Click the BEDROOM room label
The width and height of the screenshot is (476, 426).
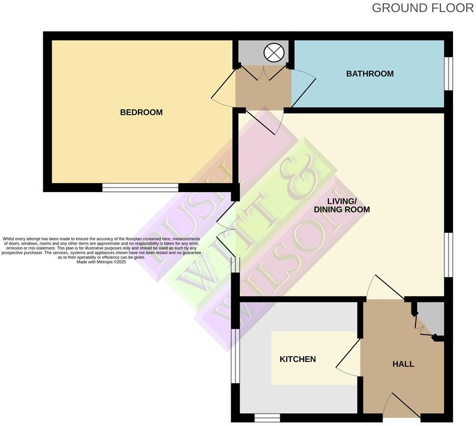[x=141, y=112]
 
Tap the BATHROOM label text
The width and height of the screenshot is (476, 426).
[x=370, y=74]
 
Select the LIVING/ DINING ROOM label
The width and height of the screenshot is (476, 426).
[x=342, y=205]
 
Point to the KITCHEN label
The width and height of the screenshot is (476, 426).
[x=297, y=359]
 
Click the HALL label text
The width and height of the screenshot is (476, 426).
[x=403, y=364]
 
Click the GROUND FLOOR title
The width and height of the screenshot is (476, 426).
[x=422, y=8]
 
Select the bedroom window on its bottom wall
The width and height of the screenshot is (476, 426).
[x=140, y=188]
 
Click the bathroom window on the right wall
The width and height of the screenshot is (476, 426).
[x=448, y=74]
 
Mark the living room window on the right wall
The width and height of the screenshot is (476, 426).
[x=448, y=255]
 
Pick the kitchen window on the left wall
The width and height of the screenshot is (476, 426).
[x=236, y=356]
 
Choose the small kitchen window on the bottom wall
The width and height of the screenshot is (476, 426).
[x=267, y=418]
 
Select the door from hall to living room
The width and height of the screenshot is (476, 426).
[x=386, y=288]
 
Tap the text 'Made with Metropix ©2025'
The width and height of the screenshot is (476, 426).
[x=102, y=262]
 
